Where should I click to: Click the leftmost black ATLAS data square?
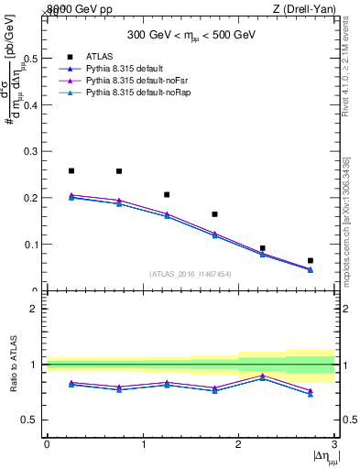71,170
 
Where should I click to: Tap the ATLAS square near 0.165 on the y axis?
214,214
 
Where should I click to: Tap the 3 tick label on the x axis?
333,443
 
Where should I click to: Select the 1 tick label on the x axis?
143,443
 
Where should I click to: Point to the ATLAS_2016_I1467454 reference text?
191,274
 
